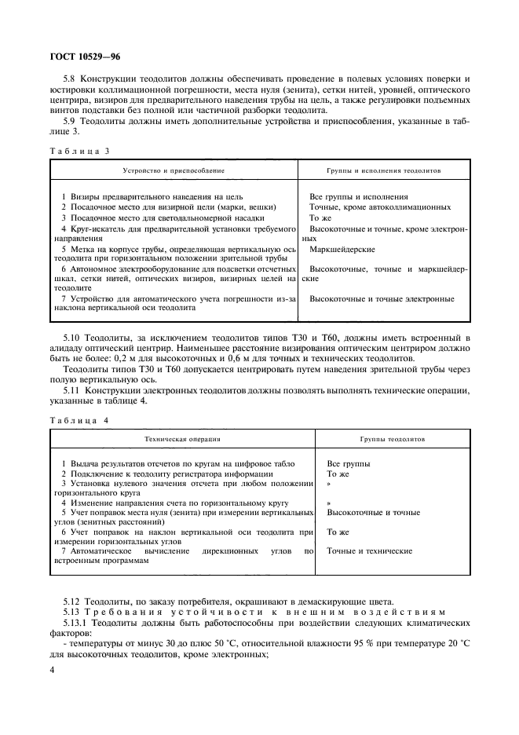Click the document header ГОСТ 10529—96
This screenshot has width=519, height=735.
tap(86, 57)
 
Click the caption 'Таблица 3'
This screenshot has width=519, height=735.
tap(76, 150)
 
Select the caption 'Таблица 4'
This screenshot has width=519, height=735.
tap(76, 420)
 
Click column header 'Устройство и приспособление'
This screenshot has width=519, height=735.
tap(174, 170)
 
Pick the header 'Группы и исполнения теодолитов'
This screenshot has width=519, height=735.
tap(384, 170)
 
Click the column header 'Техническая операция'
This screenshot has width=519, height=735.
tap(182, 440)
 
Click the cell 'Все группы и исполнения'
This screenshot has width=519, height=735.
tap(358, 196)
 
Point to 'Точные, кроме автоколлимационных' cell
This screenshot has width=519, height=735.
tap(380, 207)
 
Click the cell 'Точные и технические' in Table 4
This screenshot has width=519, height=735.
tap(369, 551)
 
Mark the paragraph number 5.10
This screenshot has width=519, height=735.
tap(70, 337)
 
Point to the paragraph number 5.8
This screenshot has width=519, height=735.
tap(68, 79)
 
